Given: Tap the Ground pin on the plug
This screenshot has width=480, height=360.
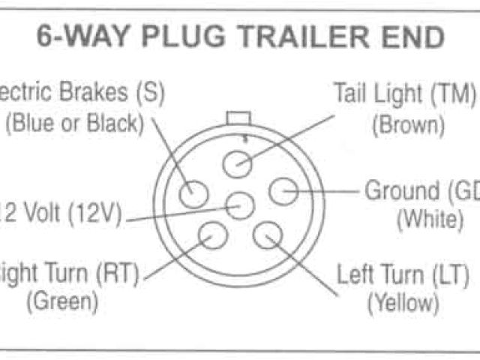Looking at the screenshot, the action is pos(283,193).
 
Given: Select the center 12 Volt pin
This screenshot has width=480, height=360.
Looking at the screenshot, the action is pos(240,204).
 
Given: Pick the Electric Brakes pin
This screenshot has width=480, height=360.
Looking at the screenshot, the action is pos(193,193).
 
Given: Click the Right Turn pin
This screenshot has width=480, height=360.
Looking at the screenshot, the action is pos(214,235).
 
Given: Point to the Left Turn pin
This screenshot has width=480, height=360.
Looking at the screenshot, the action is pos(267,235).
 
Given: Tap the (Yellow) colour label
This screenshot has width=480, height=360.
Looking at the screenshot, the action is pos(402,303).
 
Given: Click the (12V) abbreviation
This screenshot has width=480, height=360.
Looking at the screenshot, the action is pos(96,214).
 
